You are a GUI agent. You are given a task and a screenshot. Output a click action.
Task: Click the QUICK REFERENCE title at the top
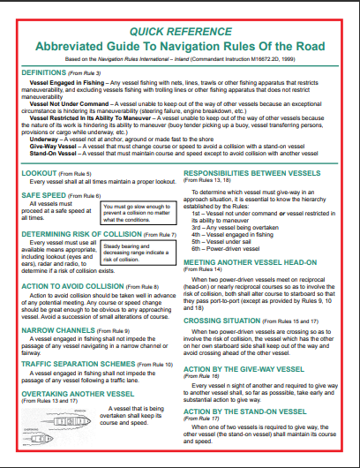(179, 30)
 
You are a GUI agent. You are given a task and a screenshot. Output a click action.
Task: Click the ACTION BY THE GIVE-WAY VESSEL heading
(247, 369)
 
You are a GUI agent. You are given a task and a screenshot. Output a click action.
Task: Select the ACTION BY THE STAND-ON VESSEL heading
(246, 412)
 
